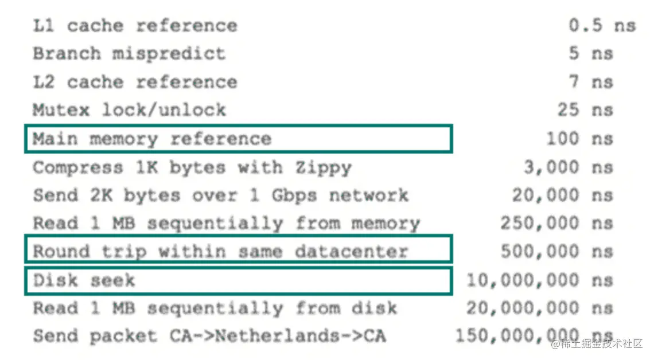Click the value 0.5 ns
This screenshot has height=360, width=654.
tap(602, 26)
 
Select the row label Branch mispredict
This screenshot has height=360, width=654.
tap(129, 54)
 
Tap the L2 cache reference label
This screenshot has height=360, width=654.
tap(135, 82)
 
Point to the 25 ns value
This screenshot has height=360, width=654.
tap(585, 109)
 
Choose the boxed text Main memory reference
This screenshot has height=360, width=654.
tap(152, 139)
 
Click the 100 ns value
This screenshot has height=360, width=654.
tap(579, 139)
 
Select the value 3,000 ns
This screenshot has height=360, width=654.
tap(568, 167)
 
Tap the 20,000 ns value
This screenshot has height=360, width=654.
tap(562, 195)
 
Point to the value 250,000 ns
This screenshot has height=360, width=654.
tap(556, 223)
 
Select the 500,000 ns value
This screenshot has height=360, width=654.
tap(556, 251)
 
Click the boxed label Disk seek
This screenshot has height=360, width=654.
tap(84, 280)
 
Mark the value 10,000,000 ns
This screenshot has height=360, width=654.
tap(539, 280)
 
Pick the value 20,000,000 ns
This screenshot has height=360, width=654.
tap(539, 308)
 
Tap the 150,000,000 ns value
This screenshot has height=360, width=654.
tap(534, 336)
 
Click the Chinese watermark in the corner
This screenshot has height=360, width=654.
tap(597, 344)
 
